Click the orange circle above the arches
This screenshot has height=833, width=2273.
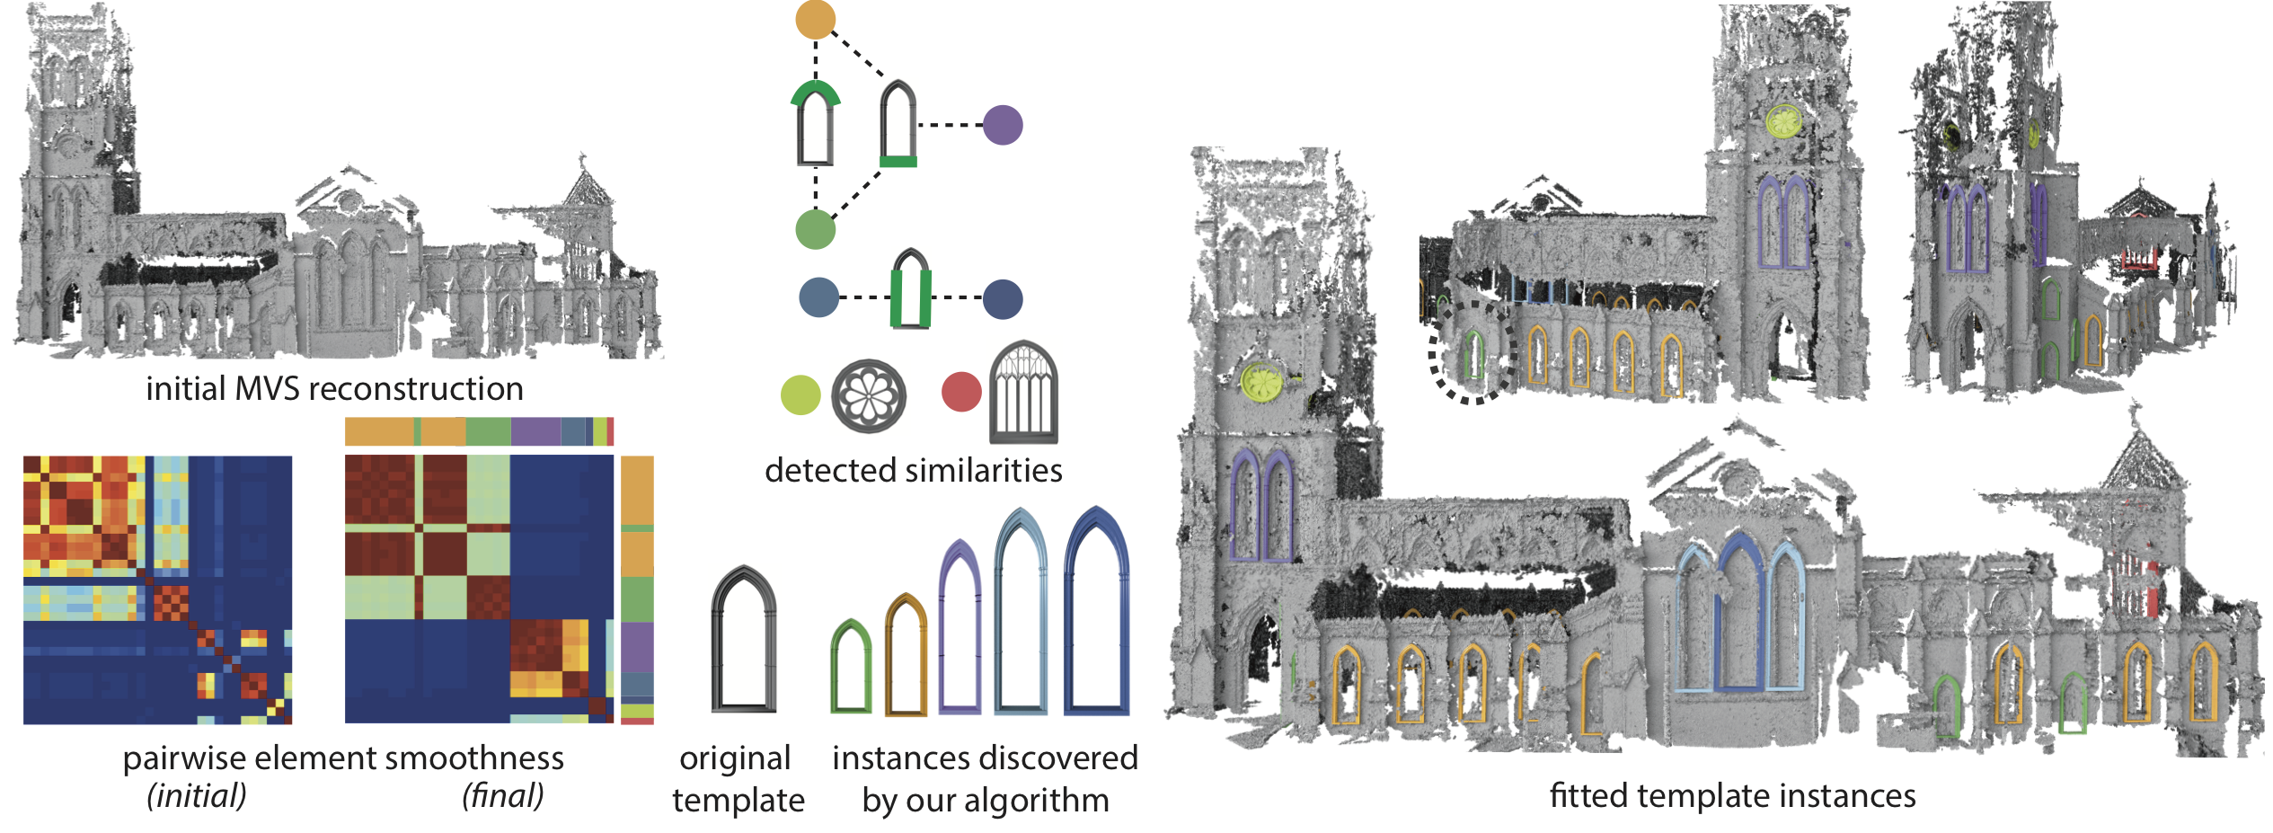click(x=816, y=20)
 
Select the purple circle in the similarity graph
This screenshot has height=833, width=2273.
click(x=1003, y=125)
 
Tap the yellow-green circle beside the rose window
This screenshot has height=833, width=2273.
click(x=800, y=395)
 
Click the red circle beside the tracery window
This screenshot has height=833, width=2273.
click(x=961, y=393)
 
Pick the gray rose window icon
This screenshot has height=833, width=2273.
click(x=869, y=396)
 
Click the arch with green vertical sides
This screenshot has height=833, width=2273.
click(x=911, y=289)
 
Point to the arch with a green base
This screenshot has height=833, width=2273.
click(x=898, y=125)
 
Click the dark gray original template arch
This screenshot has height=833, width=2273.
click(x=743, y=639)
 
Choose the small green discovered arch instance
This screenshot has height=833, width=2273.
click(x=850, y=667)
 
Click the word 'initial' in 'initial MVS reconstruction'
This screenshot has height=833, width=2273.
click(x=185, y=389)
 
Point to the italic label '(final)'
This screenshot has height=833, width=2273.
click(x=503, y=795)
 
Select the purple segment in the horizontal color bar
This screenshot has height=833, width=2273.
click(x=535, y=432)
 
